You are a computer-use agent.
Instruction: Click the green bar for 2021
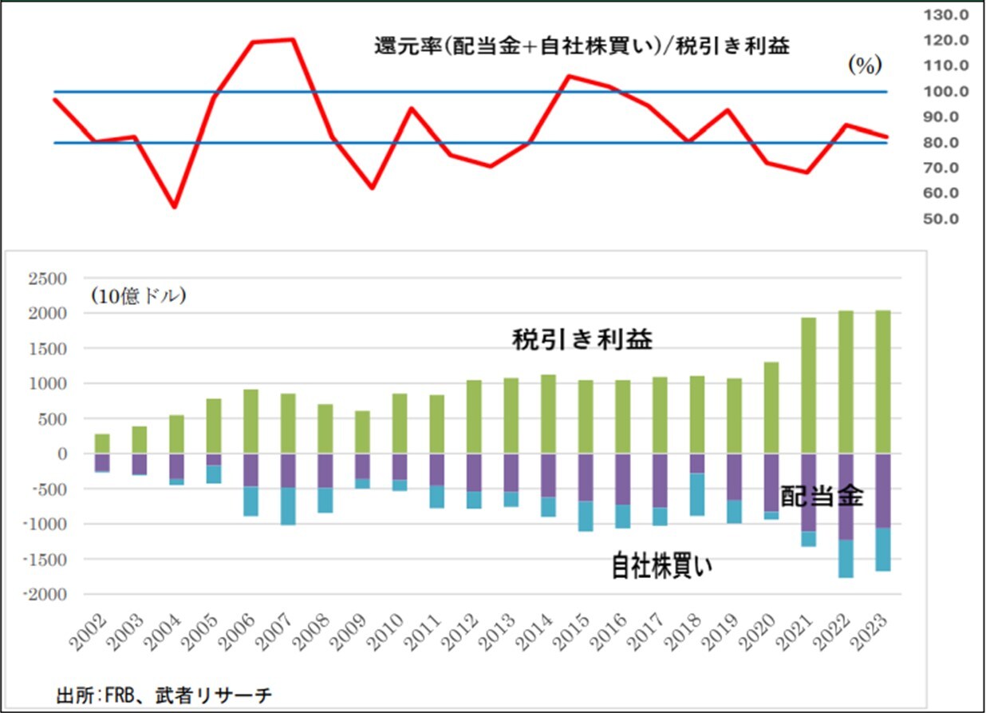coord(808,386)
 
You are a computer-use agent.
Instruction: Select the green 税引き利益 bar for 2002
coord(102,444)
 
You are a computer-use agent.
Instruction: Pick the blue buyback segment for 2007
coord(288,506)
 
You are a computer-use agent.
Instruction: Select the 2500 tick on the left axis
coord(50,279)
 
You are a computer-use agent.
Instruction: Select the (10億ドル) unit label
coord(138,297)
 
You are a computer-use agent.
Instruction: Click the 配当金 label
coord(822,497)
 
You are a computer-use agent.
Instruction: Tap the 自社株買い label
coord(663,566)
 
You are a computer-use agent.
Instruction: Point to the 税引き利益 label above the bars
coord(582,340)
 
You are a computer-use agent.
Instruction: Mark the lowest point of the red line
coord(175,208)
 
